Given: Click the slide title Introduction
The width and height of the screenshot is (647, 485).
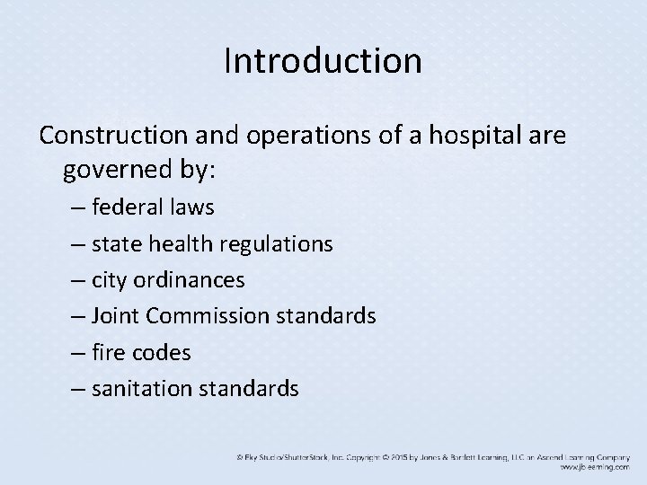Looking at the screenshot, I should (x=323, y=61).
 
